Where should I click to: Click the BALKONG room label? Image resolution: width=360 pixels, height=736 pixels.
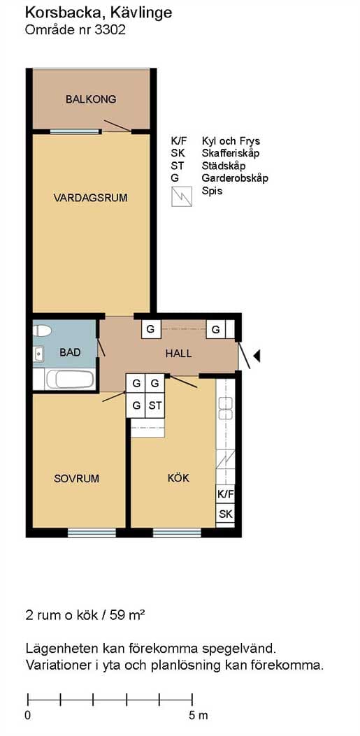pos(91,99)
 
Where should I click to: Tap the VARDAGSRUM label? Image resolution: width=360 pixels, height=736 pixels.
pos(91,198)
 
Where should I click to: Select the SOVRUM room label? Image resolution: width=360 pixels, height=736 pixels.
pos(76,479)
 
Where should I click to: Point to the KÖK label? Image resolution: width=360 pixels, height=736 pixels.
pos(178,478)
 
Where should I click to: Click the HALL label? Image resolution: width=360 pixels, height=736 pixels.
pos(178,354)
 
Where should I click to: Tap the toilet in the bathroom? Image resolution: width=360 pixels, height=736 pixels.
pos(42,331)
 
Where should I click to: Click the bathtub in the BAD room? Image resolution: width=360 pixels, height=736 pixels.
pos(69,380)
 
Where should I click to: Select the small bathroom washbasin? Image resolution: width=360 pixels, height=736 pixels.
pos(38,354)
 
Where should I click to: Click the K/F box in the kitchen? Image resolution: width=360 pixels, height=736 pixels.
pos(225,494)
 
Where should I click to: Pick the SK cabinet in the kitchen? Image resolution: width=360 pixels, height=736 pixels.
pos(225,514)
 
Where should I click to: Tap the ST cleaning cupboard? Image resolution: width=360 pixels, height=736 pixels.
pos(155,406)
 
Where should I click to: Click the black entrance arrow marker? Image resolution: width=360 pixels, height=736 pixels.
pos(257,356)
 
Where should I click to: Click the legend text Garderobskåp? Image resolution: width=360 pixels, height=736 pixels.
pos(235,178)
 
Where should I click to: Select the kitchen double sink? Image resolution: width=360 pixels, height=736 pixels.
pos(226,407)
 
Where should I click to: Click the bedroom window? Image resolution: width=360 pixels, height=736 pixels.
pos(92,533)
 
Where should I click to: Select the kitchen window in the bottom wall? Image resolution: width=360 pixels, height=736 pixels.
pos(177,533)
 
